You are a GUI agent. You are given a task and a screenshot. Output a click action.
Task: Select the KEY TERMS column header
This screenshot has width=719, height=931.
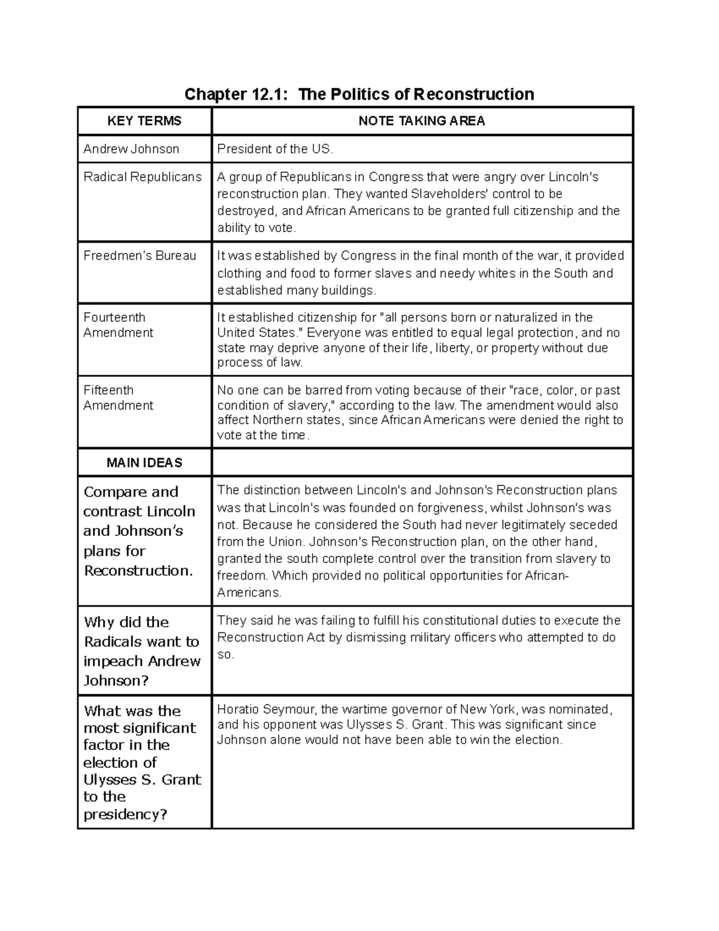click(144, 121)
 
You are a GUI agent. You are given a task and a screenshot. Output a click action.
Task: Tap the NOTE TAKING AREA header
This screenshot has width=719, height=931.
click(421, 121)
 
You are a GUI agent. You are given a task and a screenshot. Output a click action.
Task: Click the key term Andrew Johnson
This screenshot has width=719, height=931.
click(131, 149)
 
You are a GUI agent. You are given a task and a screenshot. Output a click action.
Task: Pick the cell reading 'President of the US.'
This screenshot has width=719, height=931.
click(275, 149)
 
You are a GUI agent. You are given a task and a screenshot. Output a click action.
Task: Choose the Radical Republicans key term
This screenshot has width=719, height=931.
click(143, 177)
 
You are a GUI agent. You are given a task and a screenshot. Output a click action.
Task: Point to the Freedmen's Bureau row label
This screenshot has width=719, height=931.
click(140, 255)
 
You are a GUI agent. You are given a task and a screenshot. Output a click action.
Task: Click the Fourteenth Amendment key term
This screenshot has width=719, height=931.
click(118, 325)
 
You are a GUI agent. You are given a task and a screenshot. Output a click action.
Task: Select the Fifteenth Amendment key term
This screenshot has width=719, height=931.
click(118, 397)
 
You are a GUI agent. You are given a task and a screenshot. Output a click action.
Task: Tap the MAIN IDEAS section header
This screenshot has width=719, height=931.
click(144, 463)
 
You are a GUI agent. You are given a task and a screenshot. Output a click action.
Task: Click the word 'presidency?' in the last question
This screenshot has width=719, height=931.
click(125, 815)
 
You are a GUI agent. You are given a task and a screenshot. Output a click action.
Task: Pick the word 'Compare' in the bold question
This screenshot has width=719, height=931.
click(114, 492)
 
